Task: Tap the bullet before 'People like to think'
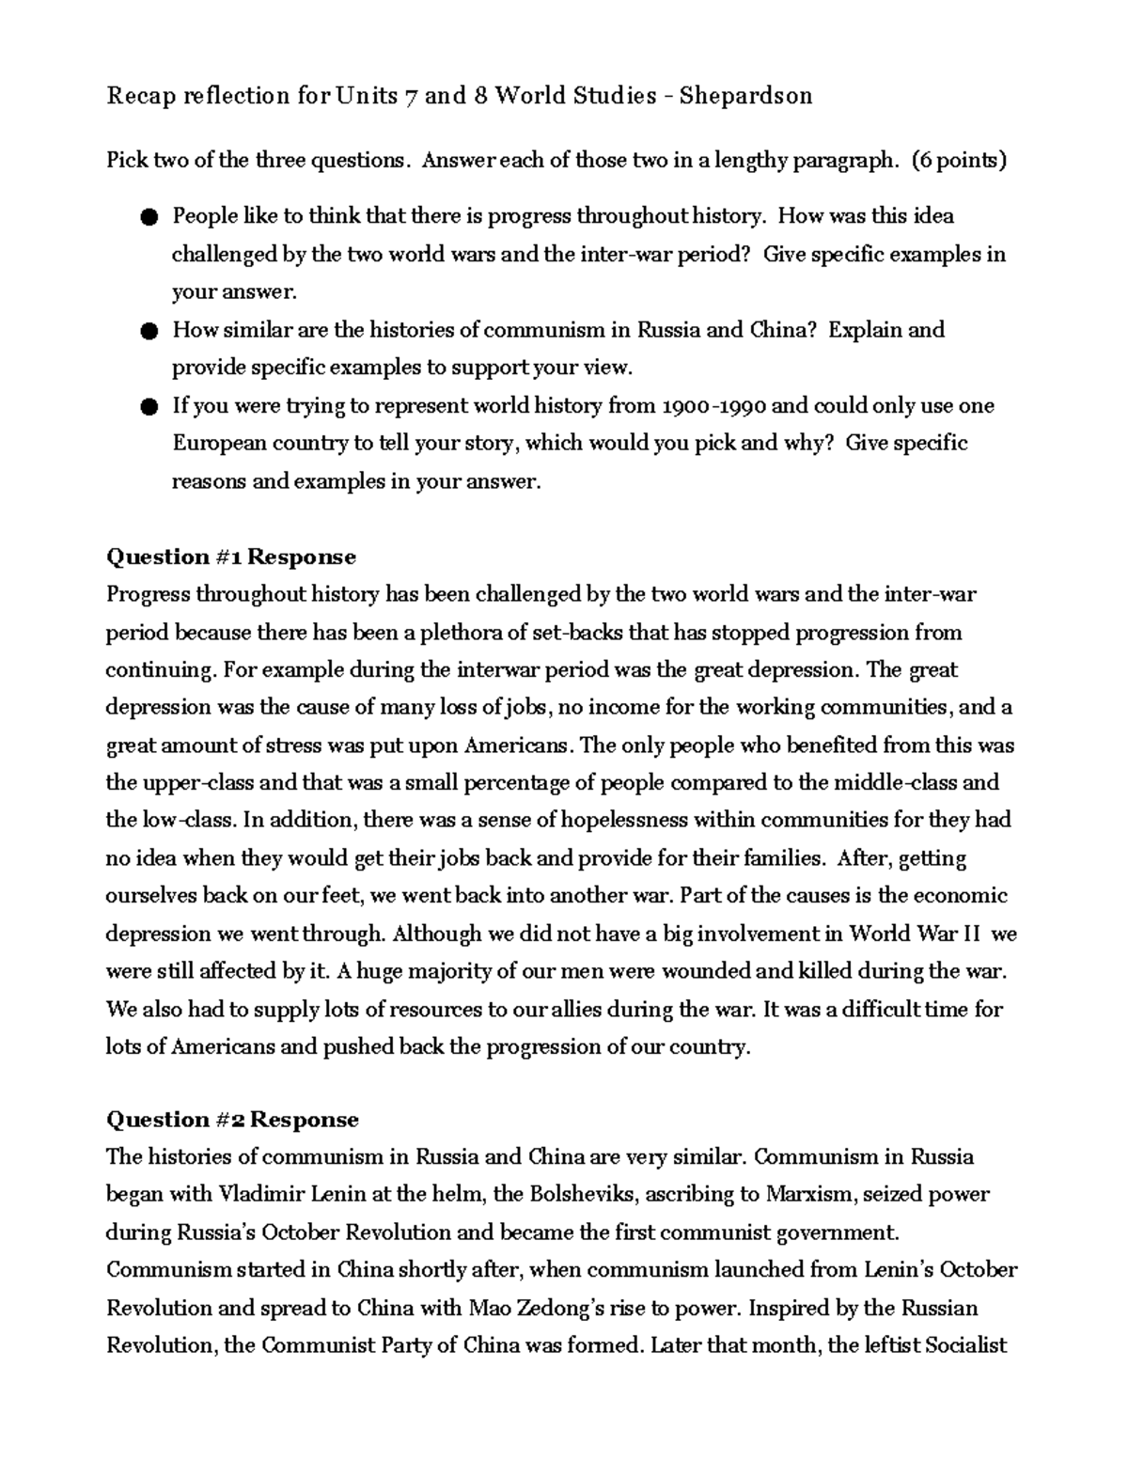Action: [x=149, y=218]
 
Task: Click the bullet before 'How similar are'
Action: [x=149, y=331]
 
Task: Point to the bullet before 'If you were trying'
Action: [x=149, y=407]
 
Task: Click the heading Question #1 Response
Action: [x=231, y=557]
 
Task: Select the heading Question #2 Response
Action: [x=232, y=1120]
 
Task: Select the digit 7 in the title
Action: [x=411, y=96]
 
